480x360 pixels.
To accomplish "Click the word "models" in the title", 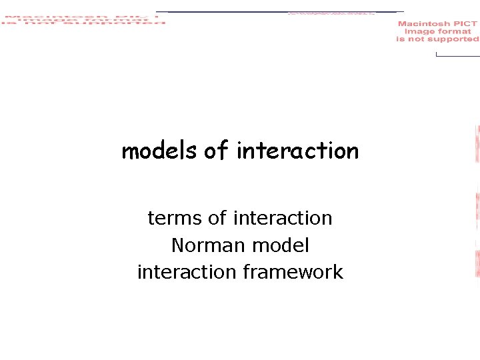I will click(x=159, y=151).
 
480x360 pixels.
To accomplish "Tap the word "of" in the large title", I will click(x=216, y=151).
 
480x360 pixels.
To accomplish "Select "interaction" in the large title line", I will click(x=297, y=151).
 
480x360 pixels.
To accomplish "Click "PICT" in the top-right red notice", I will click(x=465, y=24).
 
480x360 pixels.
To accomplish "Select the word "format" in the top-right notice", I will click(x=455, y=31).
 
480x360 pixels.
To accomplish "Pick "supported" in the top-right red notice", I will click(x=453, y=39).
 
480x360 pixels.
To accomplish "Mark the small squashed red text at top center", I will click(x=331, y=13).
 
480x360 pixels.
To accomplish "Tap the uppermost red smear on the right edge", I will click(x=477, y=144).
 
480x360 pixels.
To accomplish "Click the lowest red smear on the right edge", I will click(x=477, y=263).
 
